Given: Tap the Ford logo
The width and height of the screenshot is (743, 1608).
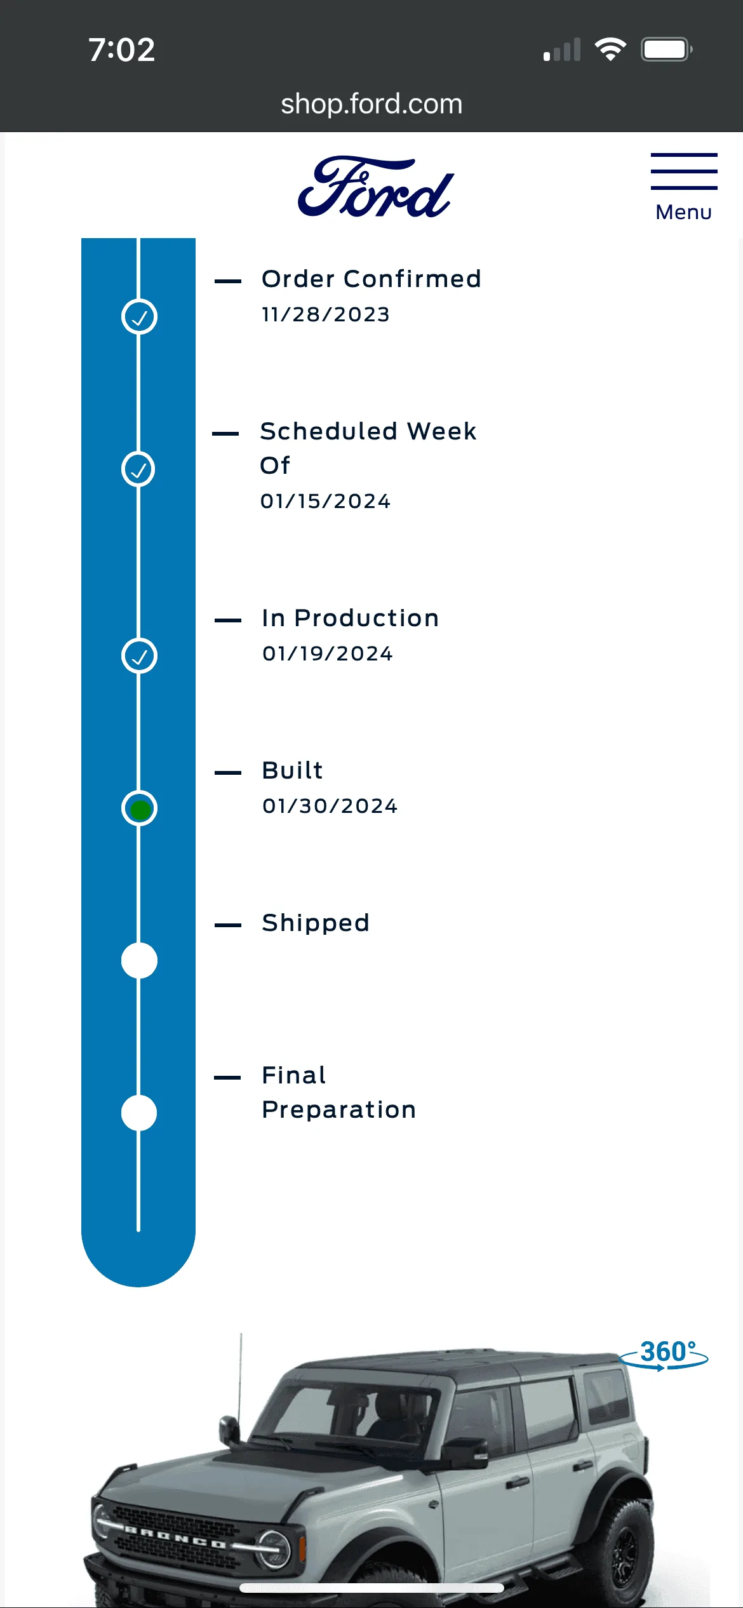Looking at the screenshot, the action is coord(376,187).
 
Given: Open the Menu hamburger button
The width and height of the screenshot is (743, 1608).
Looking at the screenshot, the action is coord(684,187).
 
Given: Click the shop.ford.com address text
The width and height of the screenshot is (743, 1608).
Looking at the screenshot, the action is coord(371,104).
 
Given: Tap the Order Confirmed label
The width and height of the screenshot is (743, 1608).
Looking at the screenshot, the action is coord(371,279).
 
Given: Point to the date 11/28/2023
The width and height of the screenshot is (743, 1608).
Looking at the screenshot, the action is coord(326,314).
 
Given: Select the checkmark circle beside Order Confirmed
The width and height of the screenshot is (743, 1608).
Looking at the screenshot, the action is coord(139,317).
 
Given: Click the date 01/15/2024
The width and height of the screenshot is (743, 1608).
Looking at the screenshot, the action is coord(326,501).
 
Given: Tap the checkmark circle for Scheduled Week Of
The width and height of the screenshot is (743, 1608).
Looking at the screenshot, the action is coord(138,469).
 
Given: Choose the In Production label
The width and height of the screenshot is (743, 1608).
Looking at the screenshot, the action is coord(351,618).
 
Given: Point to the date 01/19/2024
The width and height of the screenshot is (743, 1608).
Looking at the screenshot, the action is coord(328,653).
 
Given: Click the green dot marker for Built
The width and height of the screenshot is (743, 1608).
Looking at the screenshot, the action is coord(140,809).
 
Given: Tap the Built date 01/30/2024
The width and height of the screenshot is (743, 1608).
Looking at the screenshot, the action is coord(330,806).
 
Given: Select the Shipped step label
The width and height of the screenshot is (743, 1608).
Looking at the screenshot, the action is coord(316,923).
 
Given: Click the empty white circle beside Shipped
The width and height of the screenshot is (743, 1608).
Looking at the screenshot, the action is coord(139,961).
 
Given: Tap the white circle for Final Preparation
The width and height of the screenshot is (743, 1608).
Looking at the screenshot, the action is coord(139,1113).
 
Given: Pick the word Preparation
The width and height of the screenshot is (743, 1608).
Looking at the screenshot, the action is coord(339,1109).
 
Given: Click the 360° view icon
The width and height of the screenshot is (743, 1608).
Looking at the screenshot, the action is coord(664,1355).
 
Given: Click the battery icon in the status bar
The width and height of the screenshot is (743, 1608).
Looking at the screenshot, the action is coord(666,50).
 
